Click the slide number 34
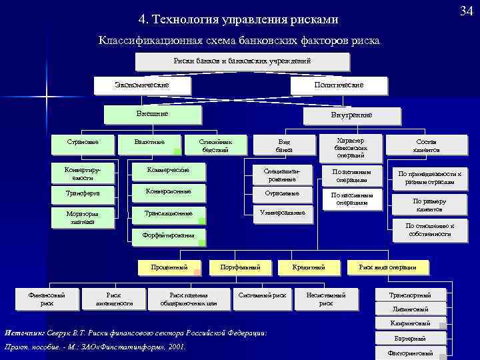click(465, 10)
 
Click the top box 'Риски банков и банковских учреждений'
click(243, 61)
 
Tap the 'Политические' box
click(338, 85)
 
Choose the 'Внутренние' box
click(351, 115)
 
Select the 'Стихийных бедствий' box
click(215, 145)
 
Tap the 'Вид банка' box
click(284, 146)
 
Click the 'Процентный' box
click(169, 267)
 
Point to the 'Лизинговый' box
click(411, 309)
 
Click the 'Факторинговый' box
click(411, 353)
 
